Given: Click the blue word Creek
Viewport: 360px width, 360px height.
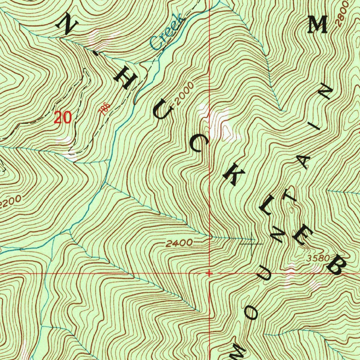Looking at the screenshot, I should [x=167, y=32].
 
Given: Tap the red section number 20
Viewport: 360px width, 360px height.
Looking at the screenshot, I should [x=63, y=117].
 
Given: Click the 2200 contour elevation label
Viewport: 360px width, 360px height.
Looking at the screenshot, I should [x=11, y=203].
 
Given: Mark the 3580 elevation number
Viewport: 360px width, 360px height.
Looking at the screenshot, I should [x=317, y=258].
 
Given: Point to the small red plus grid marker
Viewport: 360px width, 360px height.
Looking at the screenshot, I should [x=209, y=273].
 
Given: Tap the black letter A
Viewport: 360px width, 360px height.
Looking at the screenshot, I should [x=304, y=162].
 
